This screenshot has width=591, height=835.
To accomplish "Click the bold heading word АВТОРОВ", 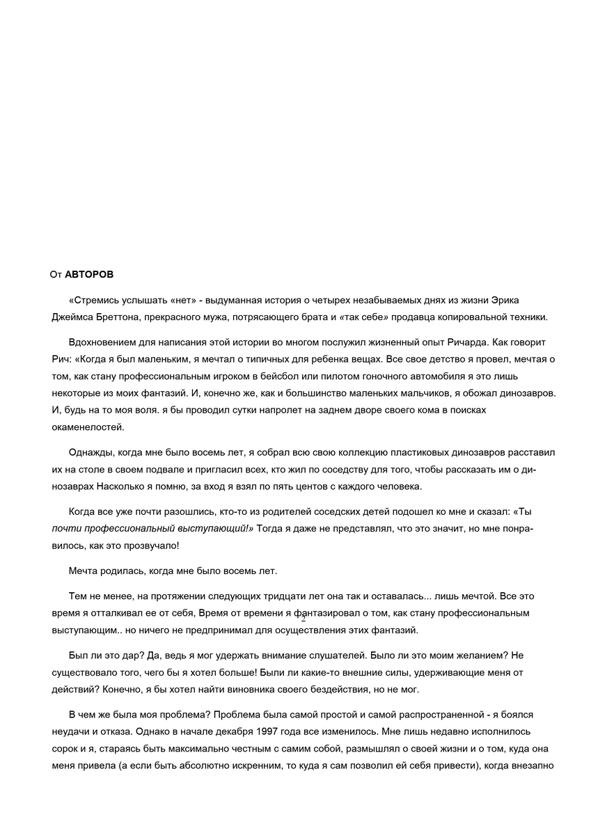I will tap(94, 275).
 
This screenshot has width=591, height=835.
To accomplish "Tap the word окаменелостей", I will tap(88, 427).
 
